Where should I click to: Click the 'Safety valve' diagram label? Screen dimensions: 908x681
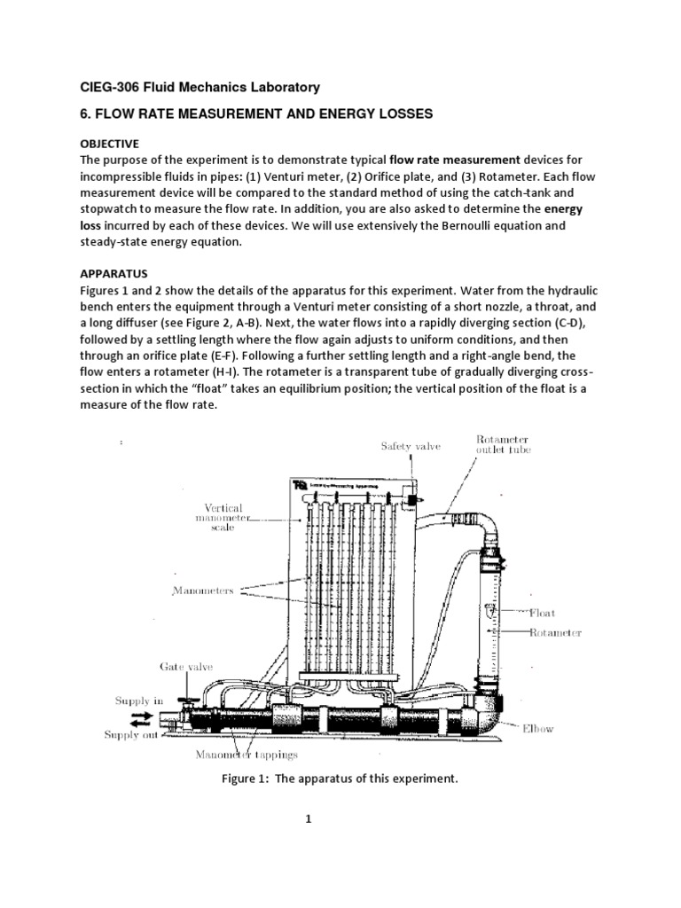pos(411,446)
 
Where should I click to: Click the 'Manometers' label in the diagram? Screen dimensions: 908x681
pos(204,591)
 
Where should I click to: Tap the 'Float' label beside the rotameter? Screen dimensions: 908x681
pos(542,612)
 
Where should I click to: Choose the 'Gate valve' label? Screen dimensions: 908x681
pos(186,666)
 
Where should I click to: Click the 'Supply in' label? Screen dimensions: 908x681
pos(139,701)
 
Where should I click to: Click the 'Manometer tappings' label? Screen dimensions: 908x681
pos(247,755)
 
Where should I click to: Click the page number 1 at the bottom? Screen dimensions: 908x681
pos(309,819)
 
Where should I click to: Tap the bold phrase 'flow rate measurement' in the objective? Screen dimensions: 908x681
pos(455,160)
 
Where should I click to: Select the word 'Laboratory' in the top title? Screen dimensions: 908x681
pos(281,87)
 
